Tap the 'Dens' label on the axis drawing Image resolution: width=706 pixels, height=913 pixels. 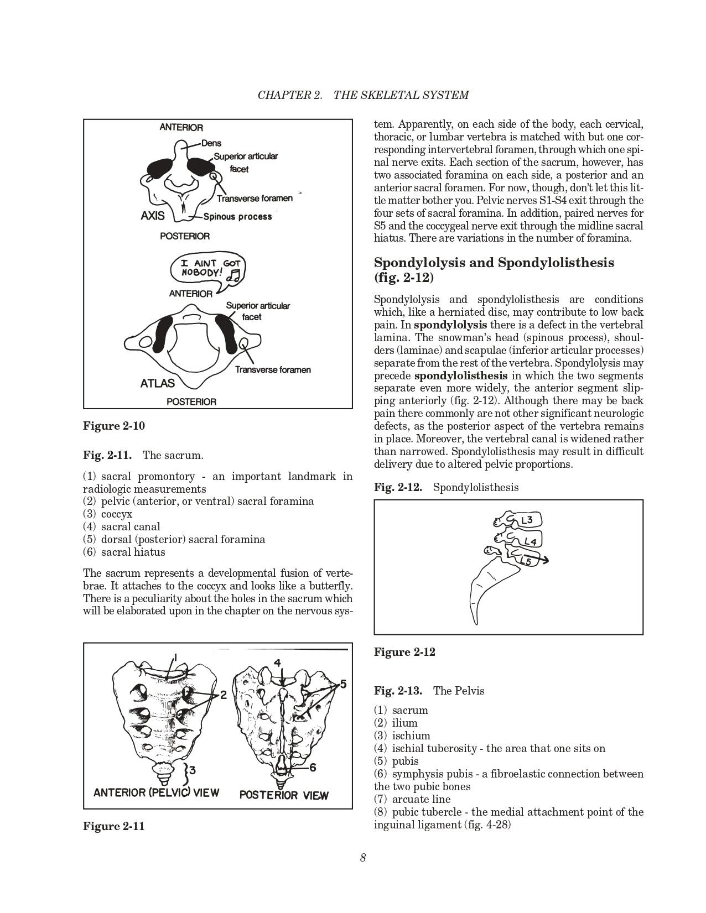[211, 143]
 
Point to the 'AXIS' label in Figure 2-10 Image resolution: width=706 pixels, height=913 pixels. [153, 216]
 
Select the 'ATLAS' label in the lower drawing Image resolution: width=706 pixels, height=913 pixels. [158, 383]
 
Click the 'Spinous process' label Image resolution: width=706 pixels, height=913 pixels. [238, 217]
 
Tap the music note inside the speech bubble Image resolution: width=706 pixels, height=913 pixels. [235, 275]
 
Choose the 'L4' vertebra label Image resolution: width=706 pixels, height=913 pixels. [530, 541]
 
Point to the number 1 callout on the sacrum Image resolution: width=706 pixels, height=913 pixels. [174, 658]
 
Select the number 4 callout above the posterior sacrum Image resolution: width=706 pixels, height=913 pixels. [277, 663]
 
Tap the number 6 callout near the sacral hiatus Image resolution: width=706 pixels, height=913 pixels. [313, 767]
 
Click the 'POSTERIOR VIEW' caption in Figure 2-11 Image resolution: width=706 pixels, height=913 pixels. [284, 795]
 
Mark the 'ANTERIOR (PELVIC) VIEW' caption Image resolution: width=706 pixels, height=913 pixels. [156, 792]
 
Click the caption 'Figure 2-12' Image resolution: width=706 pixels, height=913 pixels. [404, 652]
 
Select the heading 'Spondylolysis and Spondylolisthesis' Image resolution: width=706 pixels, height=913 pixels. [494, 262]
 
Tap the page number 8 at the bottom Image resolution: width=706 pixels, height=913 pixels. [363, 858]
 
